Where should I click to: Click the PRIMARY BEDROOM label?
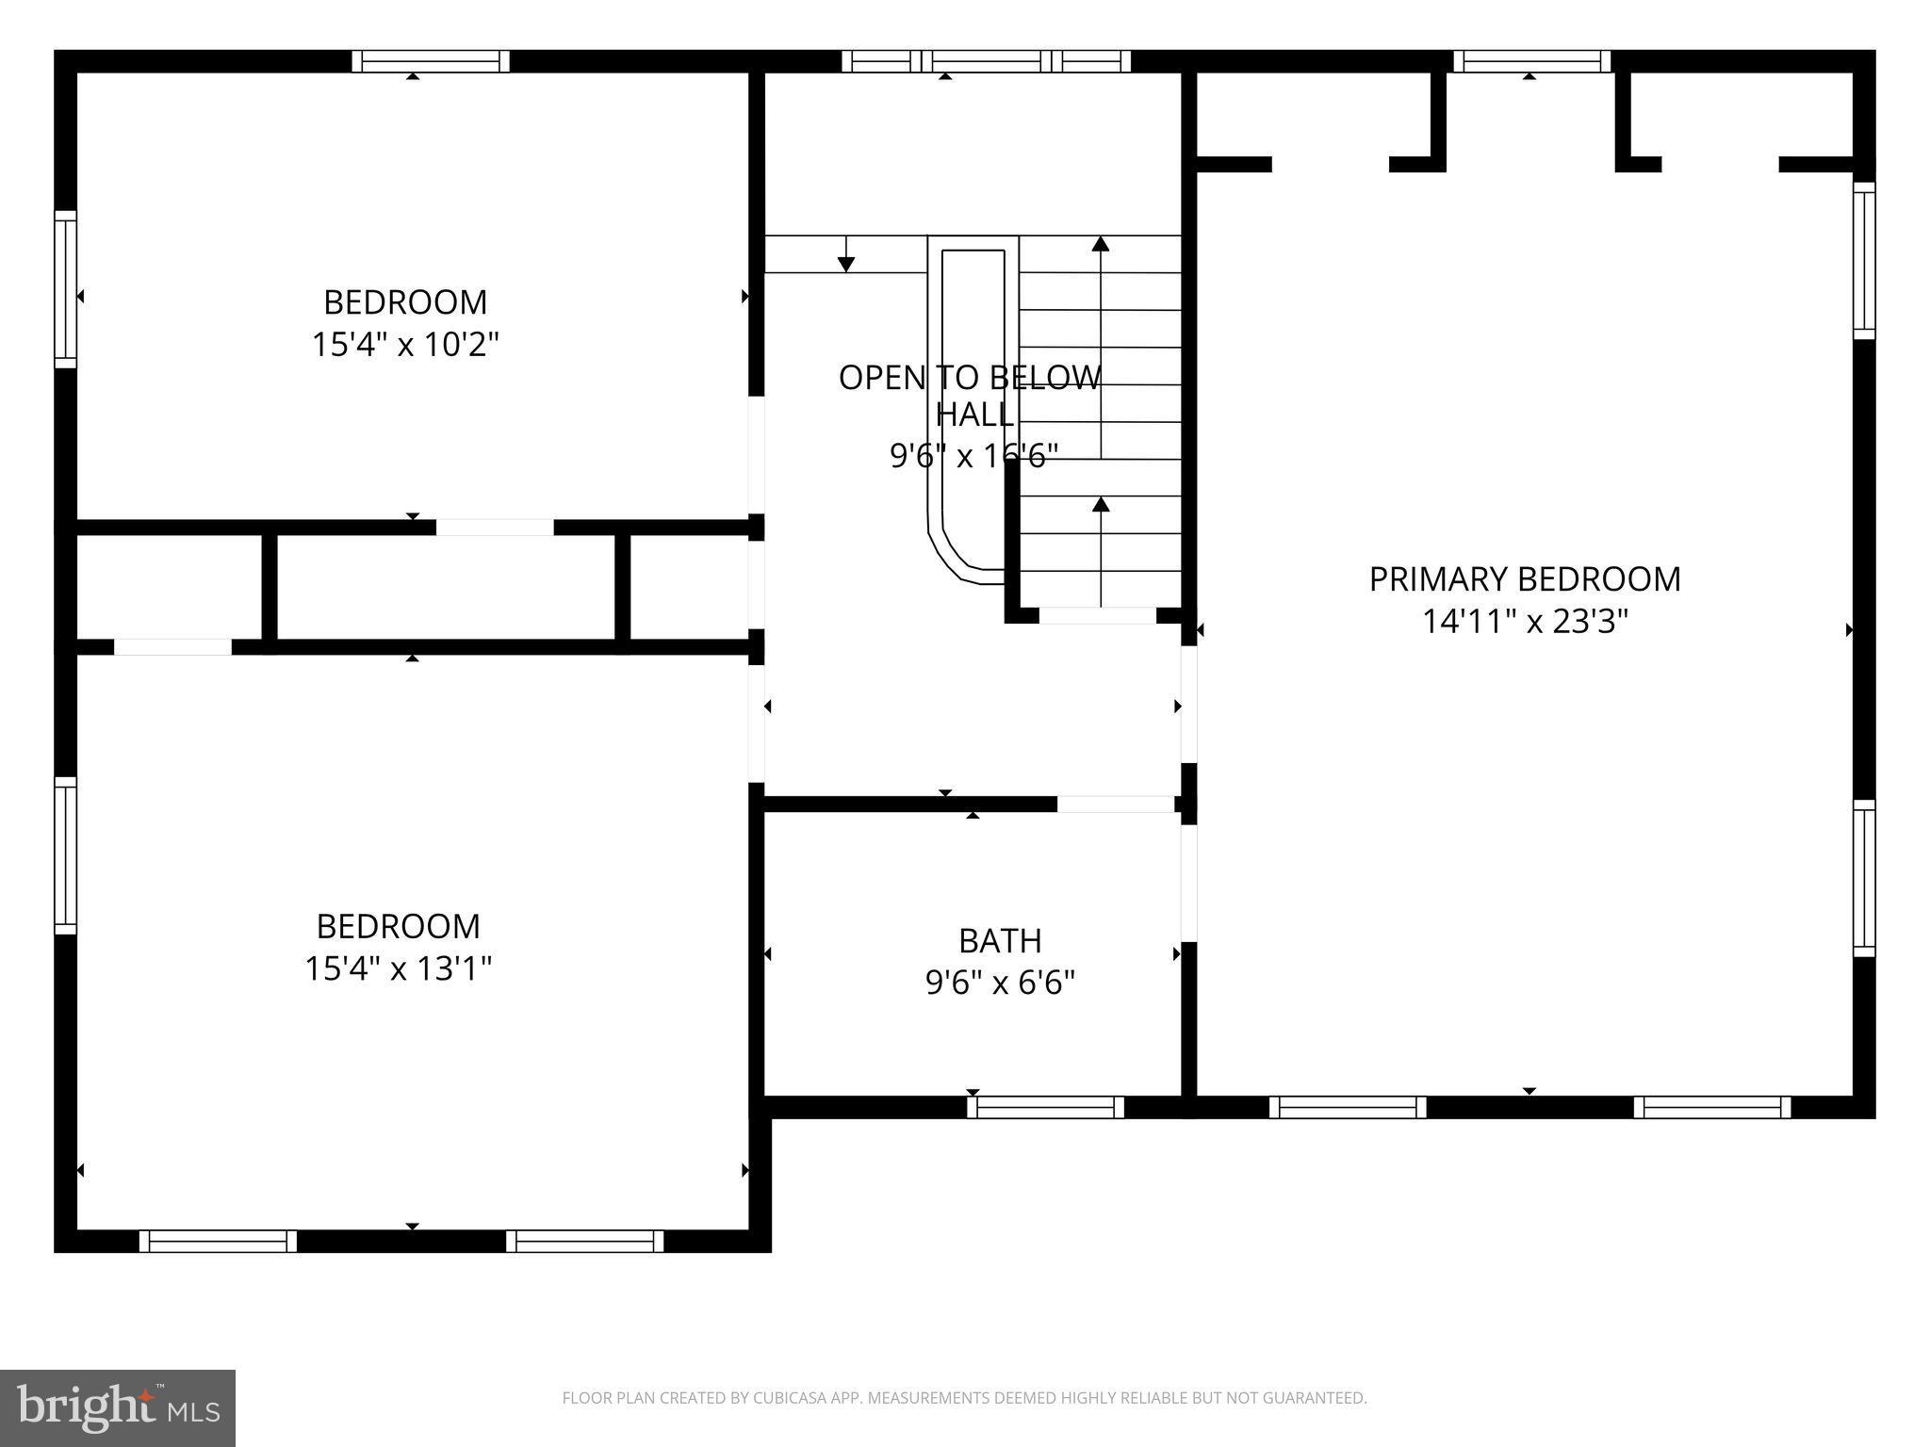click(x=1524, y=579)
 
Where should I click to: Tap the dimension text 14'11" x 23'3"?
click(x=1524, y=622)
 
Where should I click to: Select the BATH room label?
click(x=999, y=940)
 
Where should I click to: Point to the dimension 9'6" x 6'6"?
click(x=999, y=983)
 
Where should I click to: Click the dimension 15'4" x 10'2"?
click(x=404, y=345)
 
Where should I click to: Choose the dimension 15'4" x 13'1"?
click(x=398, y=968)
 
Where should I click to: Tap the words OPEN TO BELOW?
click(x=969, y=378)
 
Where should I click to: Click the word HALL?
click(x=974, y=414)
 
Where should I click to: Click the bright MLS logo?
click(x=118, y=1407)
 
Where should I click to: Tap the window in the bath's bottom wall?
click(x=1045, y=1107)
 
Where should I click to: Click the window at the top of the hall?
click(x=986, y=61)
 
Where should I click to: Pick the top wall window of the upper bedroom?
click(x=431, y=61)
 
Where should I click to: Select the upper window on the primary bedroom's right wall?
click(x=1863, y=260)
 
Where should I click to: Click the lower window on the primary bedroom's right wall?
click(x=1863, y=878)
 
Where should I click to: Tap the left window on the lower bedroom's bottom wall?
click(x=218, y=1241)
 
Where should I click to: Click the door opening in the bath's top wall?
click(x=1115, y=804)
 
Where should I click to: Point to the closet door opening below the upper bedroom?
click(x=494, y=528)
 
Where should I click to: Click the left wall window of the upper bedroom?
click(x=65, y=288)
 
